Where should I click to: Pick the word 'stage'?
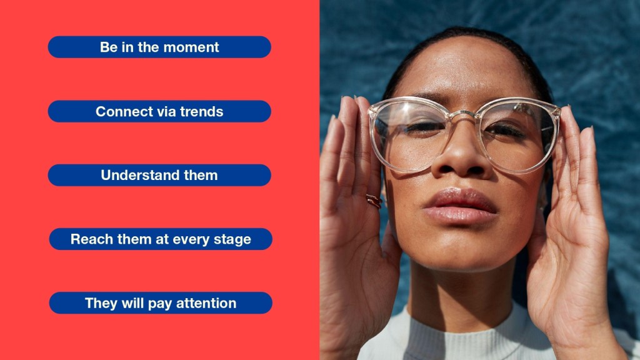point(232,240)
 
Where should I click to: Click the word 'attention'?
point(206,303)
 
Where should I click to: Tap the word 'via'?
point(159,111)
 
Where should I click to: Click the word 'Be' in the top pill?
point(109,47)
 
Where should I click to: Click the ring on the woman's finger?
point(374,201)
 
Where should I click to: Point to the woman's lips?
point(460,206)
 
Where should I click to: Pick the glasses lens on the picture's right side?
point(517,136)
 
